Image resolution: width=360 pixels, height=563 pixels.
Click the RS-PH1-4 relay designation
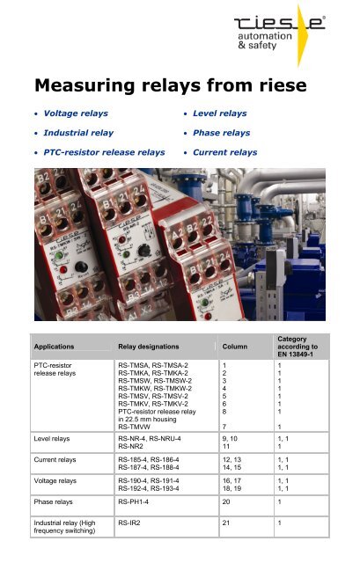pos(142,499)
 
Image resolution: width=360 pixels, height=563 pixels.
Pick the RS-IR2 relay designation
pos(135,523)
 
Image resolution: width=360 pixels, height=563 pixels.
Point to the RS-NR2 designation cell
pos(135,444)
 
